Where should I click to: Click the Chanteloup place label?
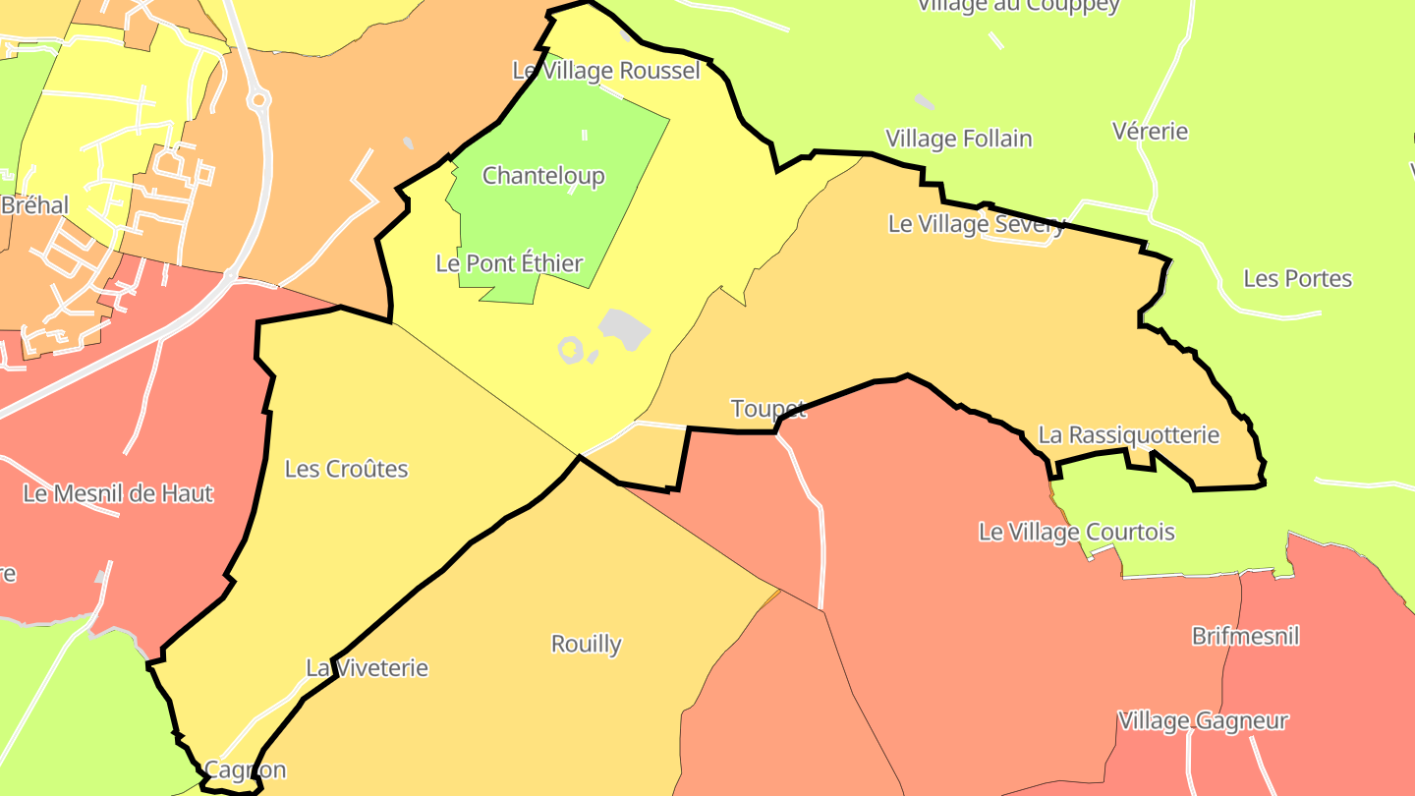coord(543,176)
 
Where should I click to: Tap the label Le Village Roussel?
coord(606,71)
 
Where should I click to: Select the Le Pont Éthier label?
coord(509,263)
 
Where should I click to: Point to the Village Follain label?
coord(959,139)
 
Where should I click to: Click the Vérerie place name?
coord(1150,131)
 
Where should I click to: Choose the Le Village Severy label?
coord(976,224)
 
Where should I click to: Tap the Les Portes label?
coord(1297,278)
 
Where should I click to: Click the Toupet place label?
coord(768,409)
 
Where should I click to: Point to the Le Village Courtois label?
coord(1076,532)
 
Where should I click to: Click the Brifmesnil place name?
coord(1245,636)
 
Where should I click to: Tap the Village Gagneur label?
coord(1203,720)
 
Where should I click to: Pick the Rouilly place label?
coord(586,644)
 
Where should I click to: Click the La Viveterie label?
coord(368,668)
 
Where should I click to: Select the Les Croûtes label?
coord(346,469)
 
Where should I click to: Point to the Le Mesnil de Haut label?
coord(118,493)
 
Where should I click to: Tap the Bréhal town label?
coord(35,205)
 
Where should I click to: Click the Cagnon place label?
coord(245,769)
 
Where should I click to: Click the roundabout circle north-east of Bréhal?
coord(258,98)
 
